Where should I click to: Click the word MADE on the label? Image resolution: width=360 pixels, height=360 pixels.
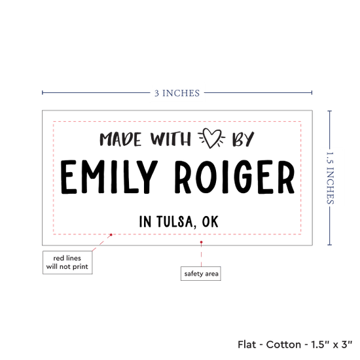coord(120,139)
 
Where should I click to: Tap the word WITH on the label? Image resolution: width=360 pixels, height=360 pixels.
coord(171,139)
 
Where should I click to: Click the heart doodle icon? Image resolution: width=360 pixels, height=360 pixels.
coord(211,137)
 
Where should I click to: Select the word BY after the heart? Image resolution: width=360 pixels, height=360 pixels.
coord(243,139)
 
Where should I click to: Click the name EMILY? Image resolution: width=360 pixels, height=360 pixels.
coord(109,177)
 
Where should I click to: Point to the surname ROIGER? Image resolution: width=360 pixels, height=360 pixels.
coord(234,177)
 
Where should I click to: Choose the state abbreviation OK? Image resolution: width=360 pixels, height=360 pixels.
coord(210,221)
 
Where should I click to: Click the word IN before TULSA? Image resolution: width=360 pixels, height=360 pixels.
coord(145,221)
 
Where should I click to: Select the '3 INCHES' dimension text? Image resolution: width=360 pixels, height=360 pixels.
coord(177,93)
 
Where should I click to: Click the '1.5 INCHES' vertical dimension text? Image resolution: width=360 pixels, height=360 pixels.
coord(330,178)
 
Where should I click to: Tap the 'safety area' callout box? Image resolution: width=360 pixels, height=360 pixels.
coord(201,274)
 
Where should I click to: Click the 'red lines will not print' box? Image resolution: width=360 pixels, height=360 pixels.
coord(67,262)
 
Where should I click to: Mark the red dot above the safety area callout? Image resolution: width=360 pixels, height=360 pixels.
coord(202,242)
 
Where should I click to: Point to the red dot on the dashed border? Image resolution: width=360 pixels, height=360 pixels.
coord(111,234)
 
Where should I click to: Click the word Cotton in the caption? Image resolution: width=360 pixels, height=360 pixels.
coord(283,344)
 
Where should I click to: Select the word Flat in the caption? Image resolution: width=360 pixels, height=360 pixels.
coord(247,344)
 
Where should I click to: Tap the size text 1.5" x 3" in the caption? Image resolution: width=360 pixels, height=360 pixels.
coord(332,344)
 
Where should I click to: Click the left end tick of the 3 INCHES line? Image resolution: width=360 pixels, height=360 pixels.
coord(43,93)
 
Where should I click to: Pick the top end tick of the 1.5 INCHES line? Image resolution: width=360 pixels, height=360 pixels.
coord(330,111)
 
